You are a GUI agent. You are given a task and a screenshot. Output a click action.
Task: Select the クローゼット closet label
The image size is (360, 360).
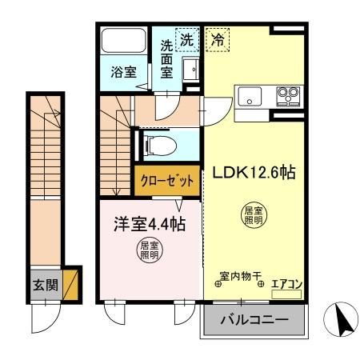tap(166, 181)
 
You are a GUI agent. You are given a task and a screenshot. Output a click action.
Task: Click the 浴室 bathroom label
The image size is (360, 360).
tap(122, 71)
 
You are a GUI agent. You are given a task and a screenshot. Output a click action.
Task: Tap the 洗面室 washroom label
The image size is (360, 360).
tap(167, 59)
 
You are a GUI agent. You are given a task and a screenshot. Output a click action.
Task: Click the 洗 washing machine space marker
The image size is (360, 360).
tap(186, 38)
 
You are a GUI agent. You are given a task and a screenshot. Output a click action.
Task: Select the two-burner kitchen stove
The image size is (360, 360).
tap(287, 95)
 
